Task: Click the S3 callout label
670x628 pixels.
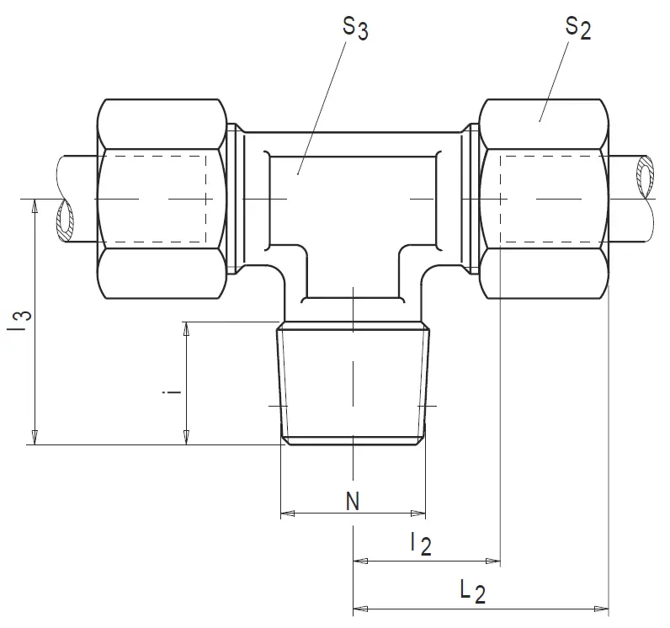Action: point(355,29)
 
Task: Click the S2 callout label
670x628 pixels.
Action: point(578,28)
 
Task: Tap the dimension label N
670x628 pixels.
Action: point(353,501)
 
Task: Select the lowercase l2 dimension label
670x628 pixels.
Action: point(421,544)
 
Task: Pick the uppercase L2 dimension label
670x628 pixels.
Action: point(472,592)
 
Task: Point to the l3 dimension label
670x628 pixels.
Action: point(19,321)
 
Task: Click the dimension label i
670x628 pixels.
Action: point(173,391)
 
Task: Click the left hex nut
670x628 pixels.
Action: point(162,199)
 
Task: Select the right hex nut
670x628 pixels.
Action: point(544,199)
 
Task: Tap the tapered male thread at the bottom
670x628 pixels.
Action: point(353,384)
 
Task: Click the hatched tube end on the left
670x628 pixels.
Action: point(65,221)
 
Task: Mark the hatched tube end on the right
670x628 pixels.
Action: point(646,177)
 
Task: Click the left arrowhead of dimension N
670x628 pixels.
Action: point(287,513)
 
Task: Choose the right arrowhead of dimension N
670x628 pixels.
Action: point(418,513)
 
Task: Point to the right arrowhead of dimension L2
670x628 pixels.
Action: point(601,609)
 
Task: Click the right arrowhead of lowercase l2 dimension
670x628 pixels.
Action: point(493,561)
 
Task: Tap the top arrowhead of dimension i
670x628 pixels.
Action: point(186,329)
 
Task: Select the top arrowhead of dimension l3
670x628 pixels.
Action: point(35,206)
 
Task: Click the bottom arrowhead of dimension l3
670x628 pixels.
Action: point(35,438)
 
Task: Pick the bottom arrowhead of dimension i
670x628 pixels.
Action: point(186,438)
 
